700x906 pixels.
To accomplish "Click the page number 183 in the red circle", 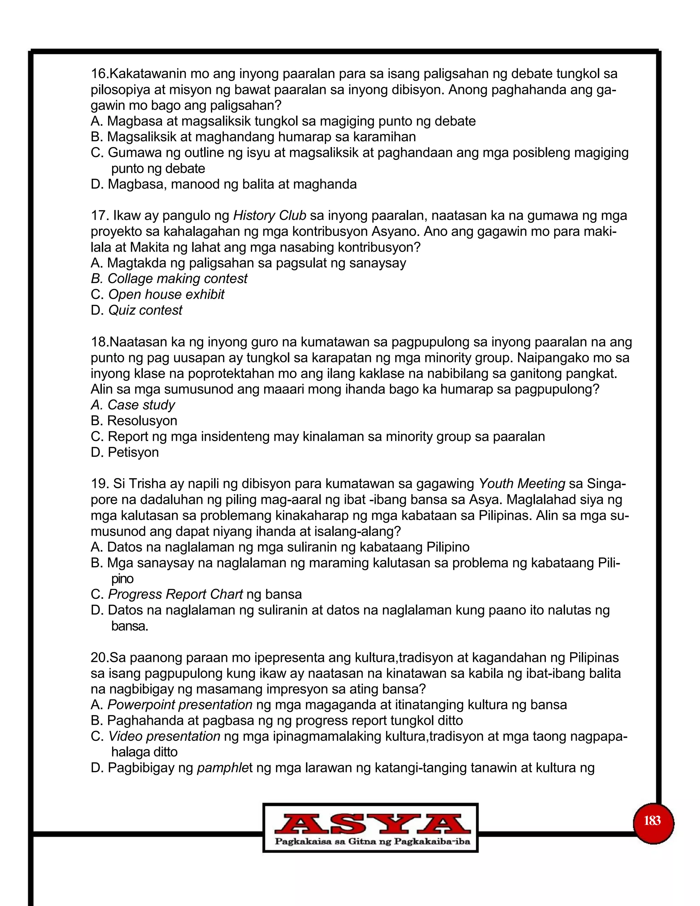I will coord(652,821).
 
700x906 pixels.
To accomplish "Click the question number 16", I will coord(99,74).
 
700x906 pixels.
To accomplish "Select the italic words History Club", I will coord(270,216).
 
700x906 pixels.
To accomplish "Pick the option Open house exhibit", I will coord(166,294).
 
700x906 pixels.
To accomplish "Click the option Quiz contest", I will coord(145,310).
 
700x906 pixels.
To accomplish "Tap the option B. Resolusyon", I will coord(134,421).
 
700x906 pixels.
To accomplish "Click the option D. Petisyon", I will coord(125,452).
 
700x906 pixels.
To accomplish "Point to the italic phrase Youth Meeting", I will coord(522,484).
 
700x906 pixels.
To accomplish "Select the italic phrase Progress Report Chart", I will coord(175,594).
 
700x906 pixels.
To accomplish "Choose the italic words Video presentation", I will coord(164,736).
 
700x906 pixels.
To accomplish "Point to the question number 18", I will coord(99,342).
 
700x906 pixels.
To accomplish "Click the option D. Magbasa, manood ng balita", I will coord(224,184).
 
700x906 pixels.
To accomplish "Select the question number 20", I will coord(99,657).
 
